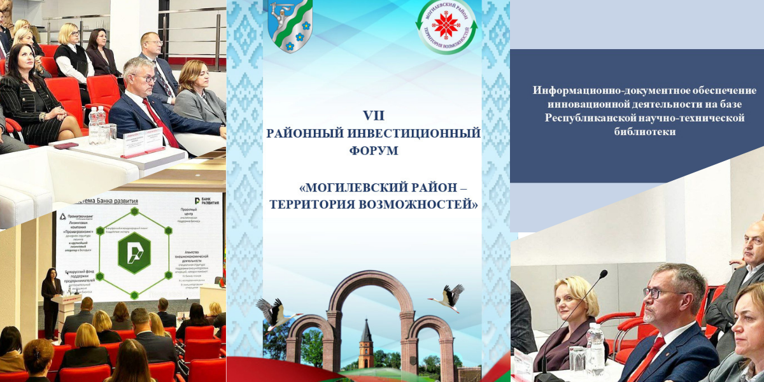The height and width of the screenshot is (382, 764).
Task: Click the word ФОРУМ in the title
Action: click(374, 151)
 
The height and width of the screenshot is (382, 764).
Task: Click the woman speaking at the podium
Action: click(51, 299)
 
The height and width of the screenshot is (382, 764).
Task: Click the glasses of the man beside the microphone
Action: click(658, 294)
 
